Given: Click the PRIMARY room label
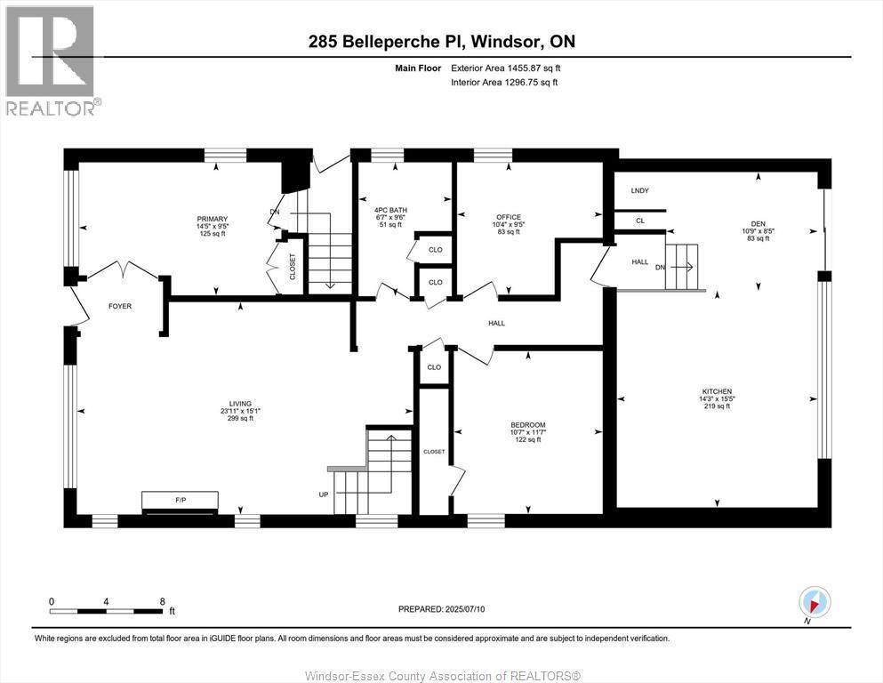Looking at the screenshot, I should [x=213, y=219].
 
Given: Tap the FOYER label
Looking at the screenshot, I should [x=120, y=306].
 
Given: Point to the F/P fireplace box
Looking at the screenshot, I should [x=180, y=502].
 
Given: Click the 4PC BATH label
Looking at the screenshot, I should [x=391, y=210].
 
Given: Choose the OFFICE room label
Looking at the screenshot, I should [x=509, y=217].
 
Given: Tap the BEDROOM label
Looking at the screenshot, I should [x=528, y=425].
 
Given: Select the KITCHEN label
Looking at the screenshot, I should [x=716, y=391].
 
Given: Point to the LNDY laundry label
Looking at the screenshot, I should [x=639, y=190].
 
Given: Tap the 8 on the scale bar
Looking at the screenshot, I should [x=162, y=601].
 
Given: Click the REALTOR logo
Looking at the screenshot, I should [x=52, y=60].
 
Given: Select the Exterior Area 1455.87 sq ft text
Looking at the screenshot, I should [x=506, y=68].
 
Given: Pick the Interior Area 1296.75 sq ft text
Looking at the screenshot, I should [x=504, y=83].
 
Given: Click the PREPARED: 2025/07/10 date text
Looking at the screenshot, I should [x=441, y=609].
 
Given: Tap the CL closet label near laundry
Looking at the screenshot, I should [x=639, y=220].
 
